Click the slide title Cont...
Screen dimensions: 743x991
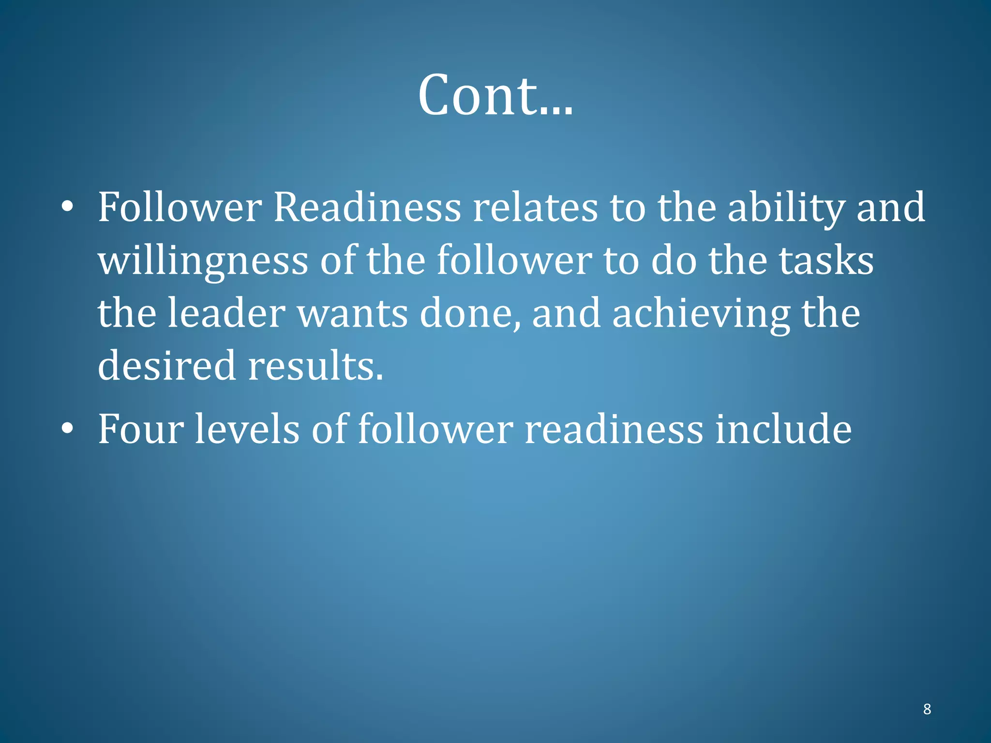pyautogui.click(x=495, y=95)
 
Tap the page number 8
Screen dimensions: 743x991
pyautogui.click(x=927, y=709)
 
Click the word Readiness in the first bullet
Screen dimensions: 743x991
pyautogui.click(x=367, y=208)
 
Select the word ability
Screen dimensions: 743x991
pyautogui.click(x=786, y=208)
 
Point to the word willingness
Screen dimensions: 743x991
pyautogui.click(x=203, y=261)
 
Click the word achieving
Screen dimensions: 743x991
pyautogui.click(x=701, y=314)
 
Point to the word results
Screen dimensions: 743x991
pyautogui.click(x=315, y=366)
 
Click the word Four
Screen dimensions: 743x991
pyautogui.click(x=141, y=429)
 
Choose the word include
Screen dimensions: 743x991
pyautogui.click(x=783, y=429)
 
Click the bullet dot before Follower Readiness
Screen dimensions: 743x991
pyautogui.click(x=68, y=207)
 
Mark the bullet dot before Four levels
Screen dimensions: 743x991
pyautogui.click(x=68, y=429)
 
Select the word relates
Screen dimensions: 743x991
pyautogui.click(x=535, y=208)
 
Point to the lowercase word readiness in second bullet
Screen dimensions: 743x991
pyautogui.click(x=614, y=429)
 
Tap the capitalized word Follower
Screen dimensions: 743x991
pyautogui.click(x=180, y=208)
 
